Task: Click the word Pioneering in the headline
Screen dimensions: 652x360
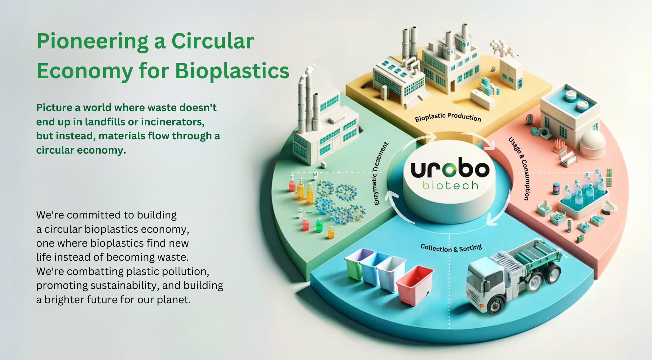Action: (93, 42)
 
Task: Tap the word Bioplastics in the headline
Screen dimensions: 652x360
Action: (232, 71)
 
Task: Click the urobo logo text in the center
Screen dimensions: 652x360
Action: (450, 169)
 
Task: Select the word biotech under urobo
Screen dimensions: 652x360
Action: (450, 185)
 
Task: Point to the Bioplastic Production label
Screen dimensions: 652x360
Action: (448, 117)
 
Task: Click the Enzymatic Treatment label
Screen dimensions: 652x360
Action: (381, 173)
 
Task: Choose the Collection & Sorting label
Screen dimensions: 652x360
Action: (451, 248)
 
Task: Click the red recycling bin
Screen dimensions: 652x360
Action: (415, 284)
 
